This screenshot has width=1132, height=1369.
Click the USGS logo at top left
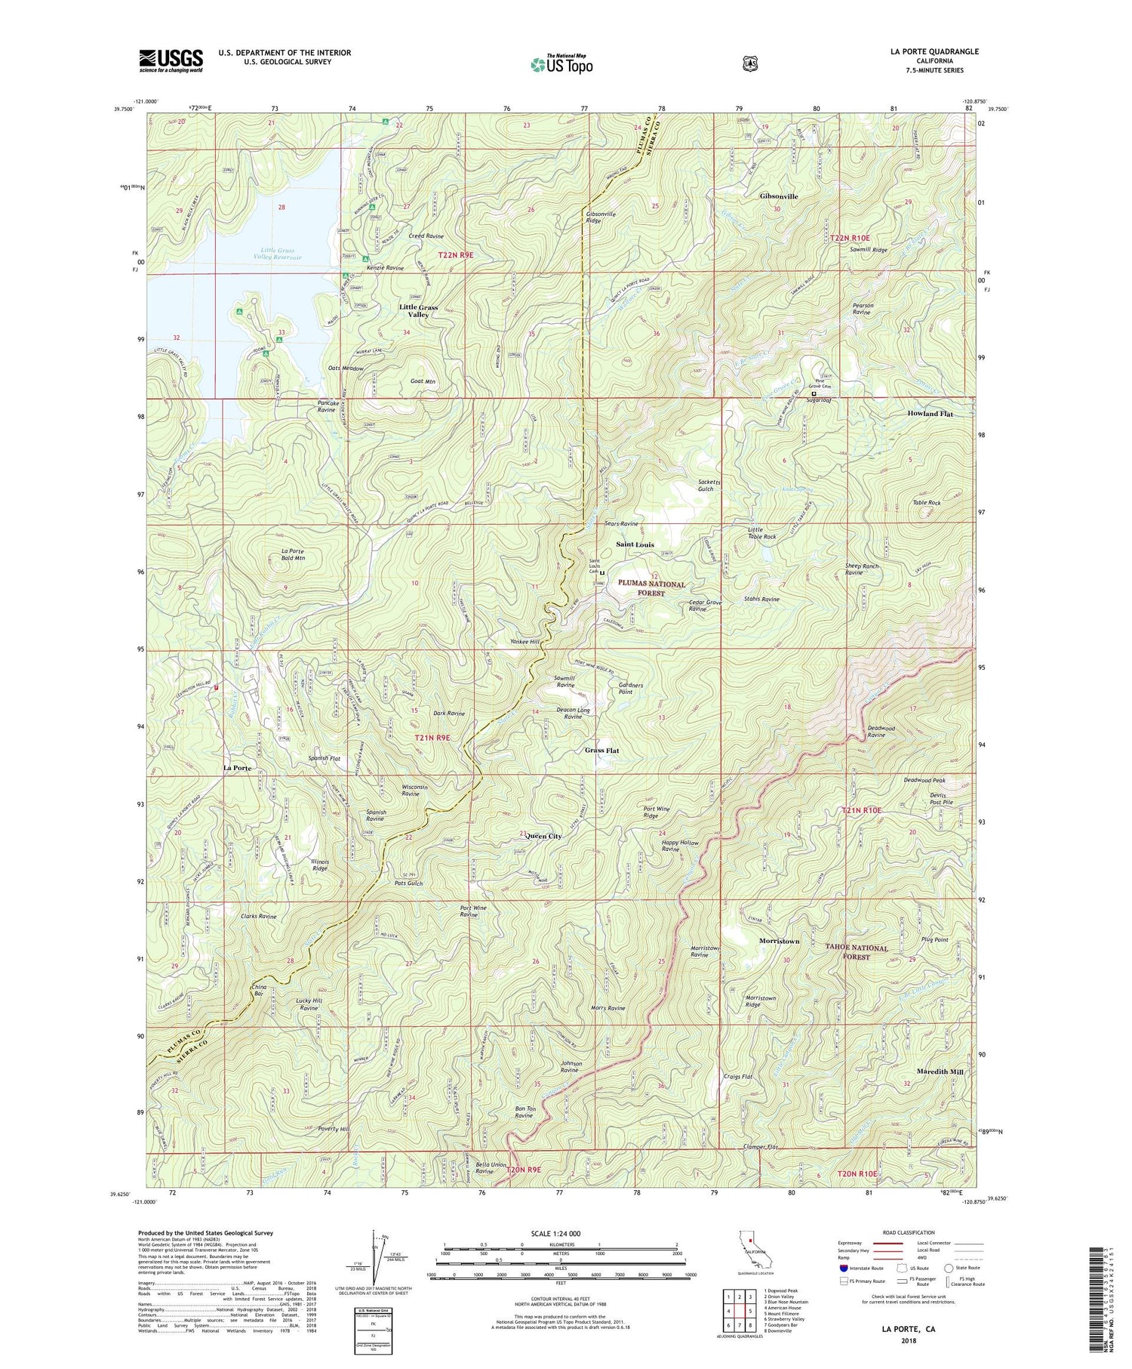[x=171, y=60]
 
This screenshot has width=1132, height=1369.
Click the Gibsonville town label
[x=778, y=196]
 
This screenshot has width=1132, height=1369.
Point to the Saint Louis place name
[x=635, y=544]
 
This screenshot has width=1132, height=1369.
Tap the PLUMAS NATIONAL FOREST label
[x=652, y=589]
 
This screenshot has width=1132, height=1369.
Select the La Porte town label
[x=237, y=768]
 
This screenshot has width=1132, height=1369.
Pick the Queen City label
[x=544, y=837]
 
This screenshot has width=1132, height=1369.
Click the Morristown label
[x=778, y=942]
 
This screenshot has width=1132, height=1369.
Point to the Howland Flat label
[x=930, y=414]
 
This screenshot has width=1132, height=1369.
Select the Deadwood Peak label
[x=924, y=780]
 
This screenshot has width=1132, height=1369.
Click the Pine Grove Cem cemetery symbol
[x=814, y=394]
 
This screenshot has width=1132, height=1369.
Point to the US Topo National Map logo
[x=561, y=63]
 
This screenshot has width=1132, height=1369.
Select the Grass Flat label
[x=601, y=751]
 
